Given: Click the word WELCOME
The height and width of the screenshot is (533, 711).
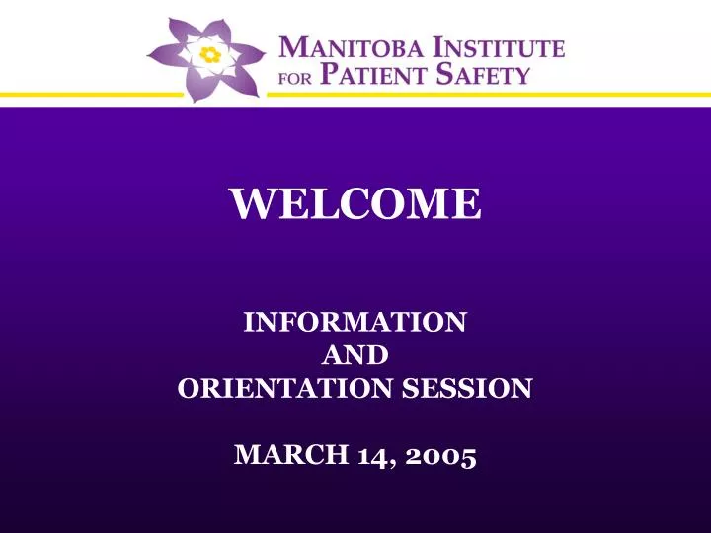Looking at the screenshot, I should click(355, 204).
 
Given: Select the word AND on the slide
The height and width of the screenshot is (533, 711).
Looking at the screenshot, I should click(355, 354).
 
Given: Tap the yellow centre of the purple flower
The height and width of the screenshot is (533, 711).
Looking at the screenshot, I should click(209, 55).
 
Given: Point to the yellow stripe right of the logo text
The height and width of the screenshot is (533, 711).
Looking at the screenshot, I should click(642, 96).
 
